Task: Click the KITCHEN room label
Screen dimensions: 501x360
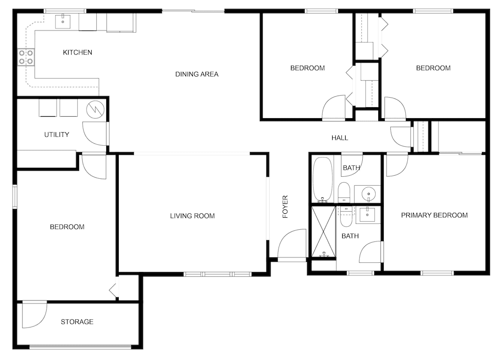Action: click(77, 53)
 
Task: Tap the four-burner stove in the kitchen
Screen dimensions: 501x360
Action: click(26, 57)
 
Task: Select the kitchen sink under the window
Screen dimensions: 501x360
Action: click(63, 21)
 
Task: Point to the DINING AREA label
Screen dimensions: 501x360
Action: click(197, 74)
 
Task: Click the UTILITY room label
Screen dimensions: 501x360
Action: click(57, 135)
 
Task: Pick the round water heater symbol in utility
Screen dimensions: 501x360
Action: click(95, 109)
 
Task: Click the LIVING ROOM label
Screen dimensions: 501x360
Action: click(192, 216)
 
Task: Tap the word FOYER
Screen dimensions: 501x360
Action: click(286, 207)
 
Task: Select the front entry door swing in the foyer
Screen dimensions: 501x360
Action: click(292, 243)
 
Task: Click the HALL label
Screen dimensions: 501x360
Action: click(340, 138)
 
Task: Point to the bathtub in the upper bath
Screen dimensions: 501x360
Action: click(323, 180)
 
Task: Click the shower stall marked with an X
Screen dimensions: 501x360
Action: click(323, 231)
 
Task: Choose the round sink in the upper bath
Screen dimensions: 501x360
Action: click(368, 194)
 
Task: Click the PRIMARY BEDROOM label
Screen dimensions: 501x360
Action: click(434, 215)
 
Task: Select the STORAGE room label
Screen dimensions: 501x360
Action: click(77, 321)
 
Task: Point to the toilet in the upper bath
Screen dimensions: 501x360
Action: click(344, 192)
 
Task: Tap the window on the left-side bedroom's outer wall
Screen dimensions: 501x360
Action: click(15, 196)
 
